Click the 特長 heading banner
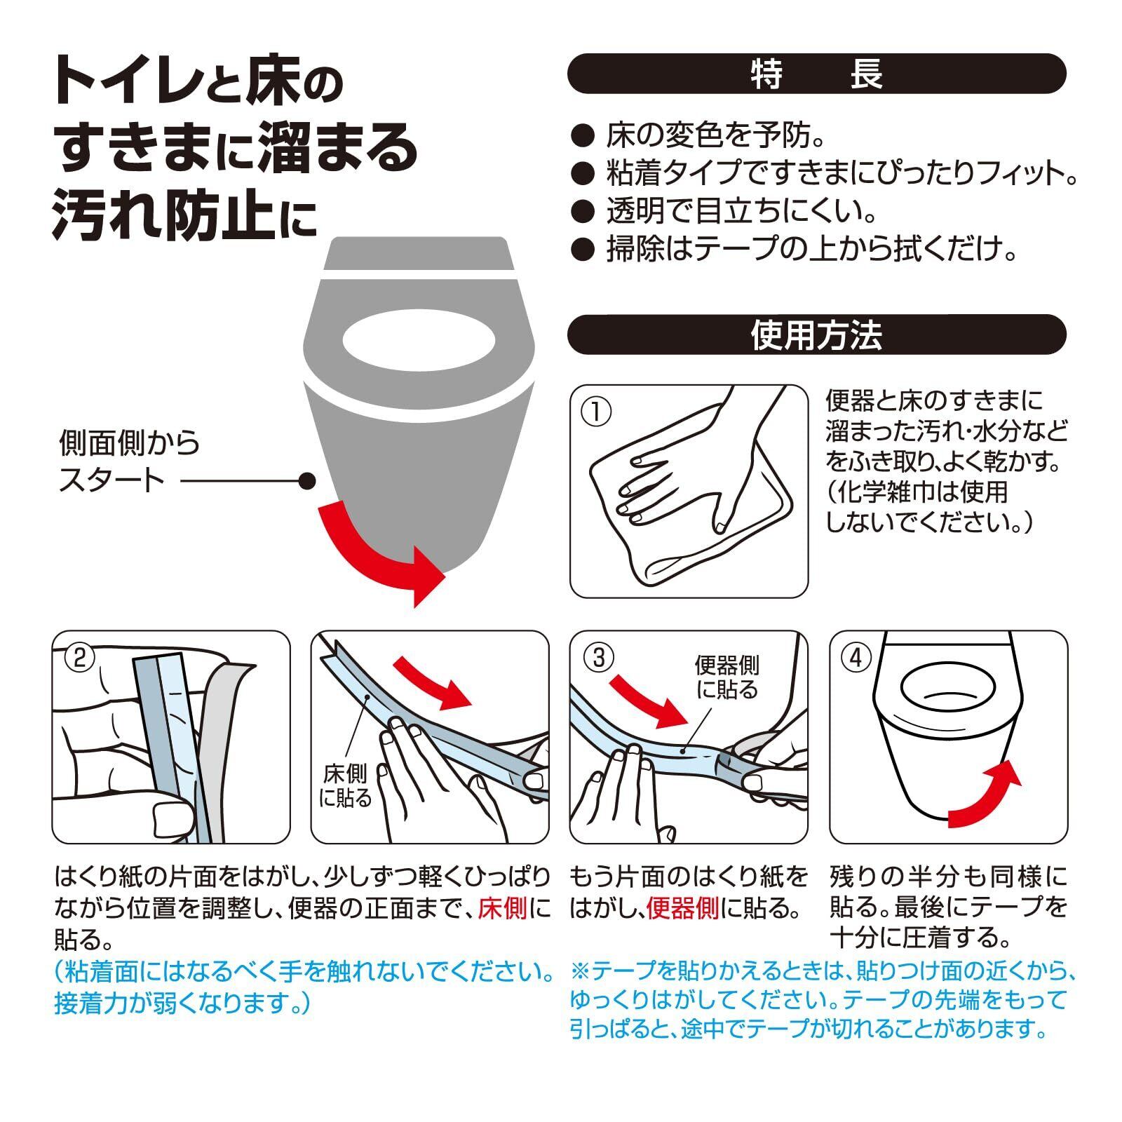tap(816, 74)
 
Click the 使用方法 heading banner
tap(816, 334)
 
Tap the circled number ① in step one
tap(596, 412)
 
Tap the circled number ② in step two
tap(79, 657)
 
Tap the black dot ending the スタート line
tap(306, 481)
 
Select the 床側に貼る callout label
tap(345, 785)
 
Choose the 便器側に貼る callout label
tap(726, 677)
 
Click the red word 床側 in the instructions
tap(502, 908)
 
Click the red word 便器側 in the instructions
tap(682, 908)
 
